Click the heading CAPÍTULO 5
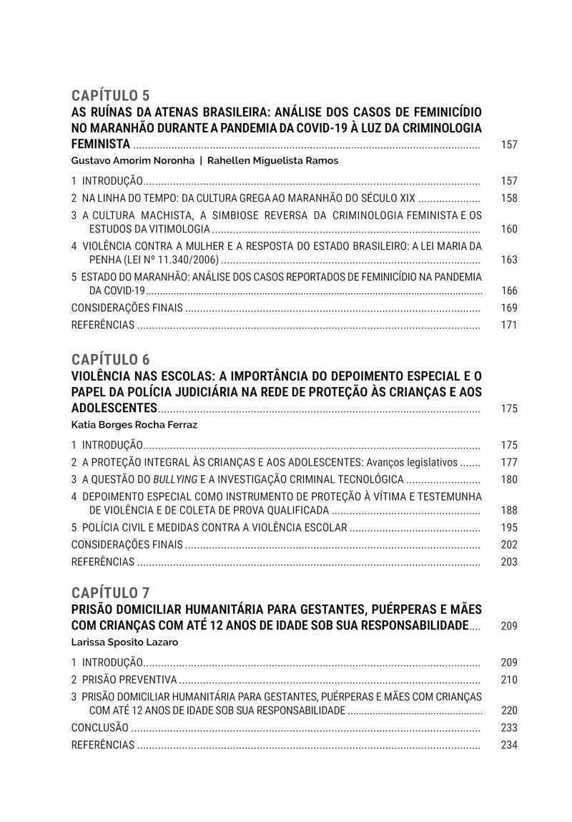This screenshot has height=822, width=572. click(x=111, y=95)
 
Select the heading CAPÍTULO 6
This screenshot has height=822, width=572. click(x=111, y=359)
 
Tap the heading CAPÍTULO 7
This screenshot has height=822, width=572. click(x=111, y=592)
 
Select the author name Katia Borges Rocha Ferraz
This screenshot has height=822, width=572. click(x=134, y=425)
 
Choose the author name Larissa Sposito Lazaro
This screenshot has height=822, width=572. click(x=125, y=642)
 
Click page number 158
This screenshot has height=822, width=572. click(x=509, y=198)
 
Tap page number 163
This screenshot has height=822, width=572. click(x=509, y=260)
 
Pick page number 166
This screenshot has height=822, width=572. click(x=509, y=290)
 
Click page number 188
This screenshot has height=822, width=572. click(x=509, y=510)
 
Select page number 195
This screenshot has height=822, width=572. click(x=509, y=527)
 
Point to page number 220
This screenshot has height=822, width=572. click(x=509, y=710)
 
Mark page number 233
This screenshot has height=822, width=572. click(x=509, y=728)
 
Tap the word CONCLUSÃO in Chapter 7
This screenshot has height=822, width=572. click(x=100, y=728)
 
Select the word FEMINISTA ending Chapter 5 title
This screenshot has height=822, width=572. click(x=101, y=144)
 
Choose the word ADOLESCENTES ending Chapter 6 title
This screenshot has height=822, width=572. click(x=114, y=408)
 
